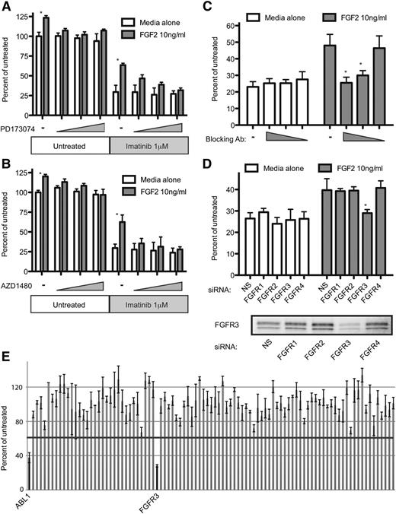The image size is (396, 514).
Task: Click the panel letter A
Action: click(7, 7)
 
